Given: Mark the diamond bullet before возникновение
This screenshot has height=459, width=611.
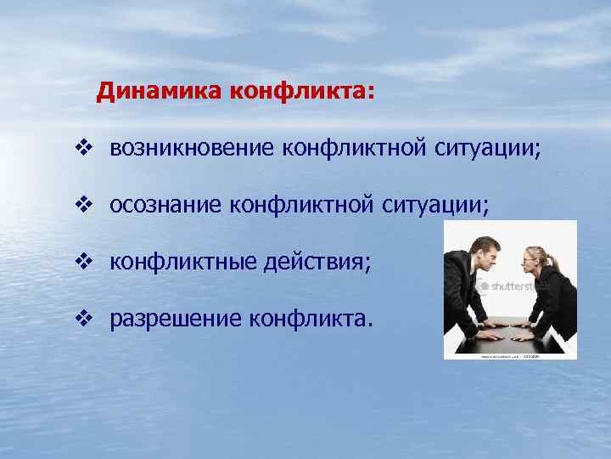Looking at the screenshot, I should tap(81, 150).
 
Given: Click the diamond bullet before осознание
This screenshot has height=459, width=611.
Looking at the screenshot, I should tap(81, 205).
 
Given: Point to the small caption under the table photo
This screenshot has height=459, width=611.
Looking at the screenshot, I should tap(509, 355).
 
